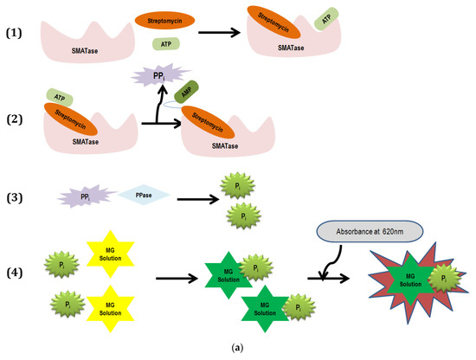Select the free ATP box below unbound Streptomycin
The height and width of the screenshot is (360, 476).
(x=165, y=42)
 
